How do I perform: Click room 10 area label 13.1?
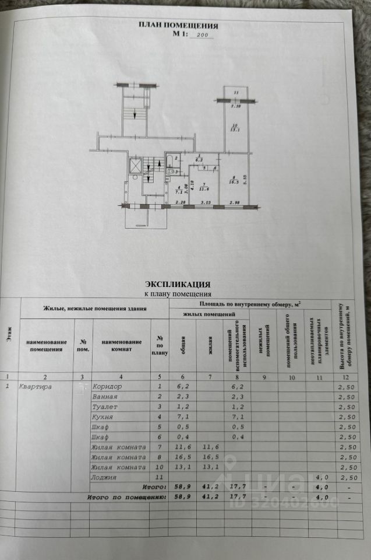tap(235, 129)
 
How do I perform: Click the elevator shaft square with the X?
tap(136, 166)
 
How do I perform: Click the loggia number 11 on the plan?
tap(235, 94)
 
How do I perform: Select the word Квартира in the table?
tap(36, 386)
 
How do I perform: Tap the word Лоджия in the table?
tap(105, 477)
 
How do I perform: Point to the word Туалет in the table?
tap(105, 407)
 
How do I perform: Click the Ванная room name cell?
tap(105, 396)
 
